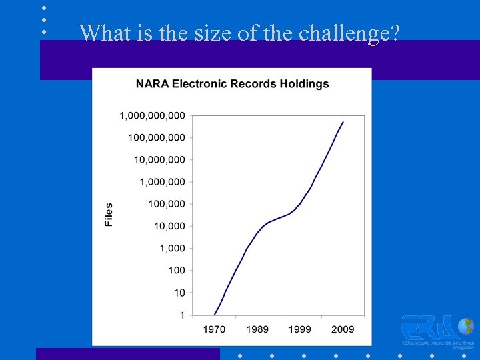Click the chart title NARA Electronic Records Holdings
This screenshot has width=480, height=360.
click(232, 84)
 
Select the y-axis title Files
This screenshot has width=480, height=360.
click(109, 214)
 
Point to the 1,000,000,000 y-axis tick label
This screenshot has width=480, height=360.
click(152, 115)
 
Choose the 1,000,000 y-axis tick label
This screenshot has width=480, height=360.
click(162, 181)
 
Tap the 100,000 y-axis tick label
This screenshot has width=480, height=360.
click(166, 204)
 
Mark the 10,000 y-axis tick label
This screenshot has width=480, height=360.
click(169, 226)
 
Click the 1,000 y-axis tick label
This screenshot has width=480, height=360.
click(172, 248)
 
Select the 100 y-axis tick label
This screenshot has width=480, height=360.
click(177, 270)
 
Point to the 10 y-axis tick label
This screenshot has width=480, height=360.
click(179, 292)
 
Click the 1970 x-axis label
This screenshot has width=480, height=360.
click(214, 329)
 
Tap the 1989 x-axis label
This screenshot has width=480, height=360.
click(257, 329)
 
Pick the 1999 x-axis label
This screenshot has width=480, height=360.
click(300, 329)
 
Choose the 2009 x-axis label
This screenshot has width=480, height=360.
click(343, 329)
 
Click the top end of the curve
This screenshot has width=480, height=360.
click(343, 122)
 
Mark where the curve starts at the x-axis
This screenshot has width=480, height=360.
click(214, 314)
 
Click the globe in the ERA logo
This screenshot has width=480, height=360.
click(467, 326)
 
